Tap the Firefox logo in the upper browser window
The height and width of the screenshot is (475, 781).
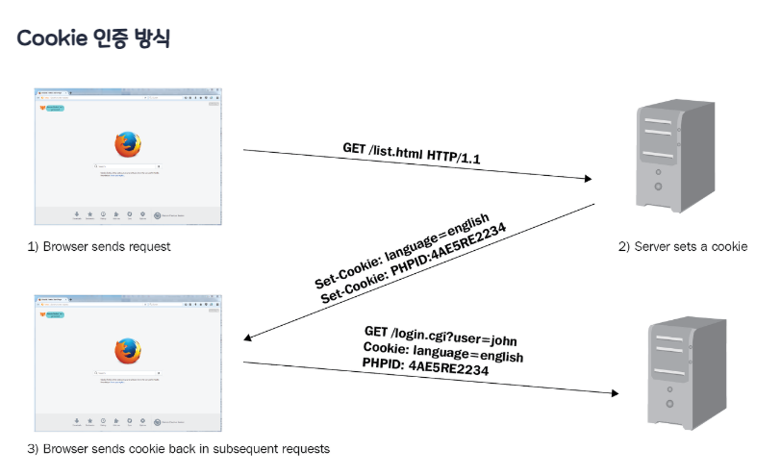click(127, 145)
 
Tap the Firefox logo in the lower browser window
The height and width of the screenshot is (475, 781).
click(127, 351)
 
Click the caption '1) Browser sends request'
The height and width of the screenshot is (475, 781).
click(99, 247)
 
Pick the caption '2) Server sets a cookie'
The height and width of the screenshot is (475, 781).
click(682, 247)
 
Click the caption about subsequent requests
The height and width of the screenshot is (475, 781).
click(178, 449)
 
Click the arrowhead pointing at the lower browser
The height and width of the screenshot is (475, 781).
click(249, 337)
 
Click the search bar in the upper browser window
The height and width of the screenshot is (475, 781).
click(127, 166)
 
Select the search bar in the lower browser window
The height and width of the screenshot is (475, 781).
click(127, 372)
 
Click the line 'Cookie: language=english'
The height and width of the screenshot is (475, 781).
click(442, 351)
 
